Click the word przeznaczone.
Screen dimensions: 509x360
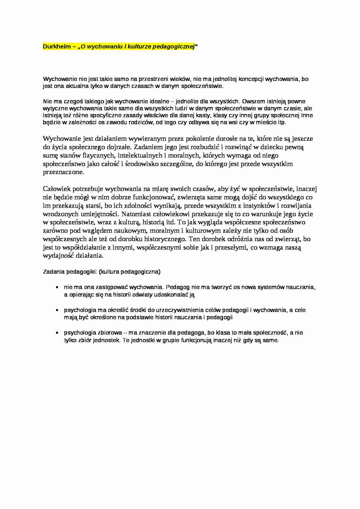click(x=63, y=172)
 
